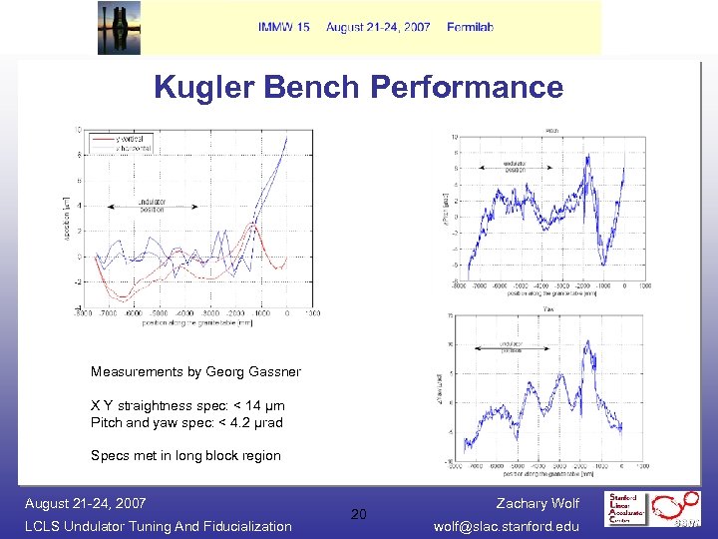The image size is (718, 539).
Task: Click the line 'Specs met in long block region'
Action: [185, 456]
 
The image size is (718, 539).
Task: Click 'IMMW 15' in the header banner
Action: [284, 27]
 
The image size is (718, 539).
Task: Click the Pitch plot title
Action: [549, 130]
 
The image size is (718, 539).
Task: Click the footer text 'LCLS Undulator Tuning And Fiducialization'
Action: [159, 526]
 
